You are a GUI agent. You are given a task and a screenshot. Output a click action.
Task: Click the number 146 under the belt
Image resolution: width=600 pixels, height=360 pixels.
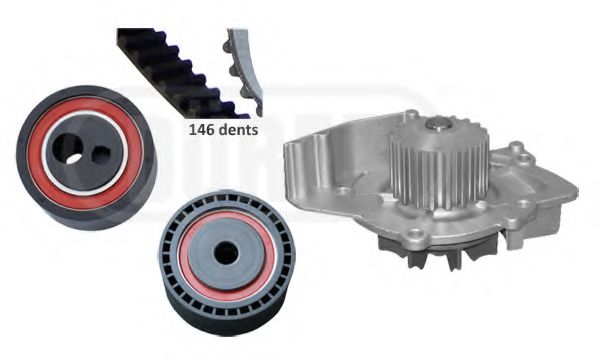click(202, 129)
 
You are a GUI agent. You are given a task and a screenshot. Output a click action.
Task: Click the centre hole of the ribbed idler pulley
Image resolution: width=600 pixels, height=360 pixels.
click(227, 254)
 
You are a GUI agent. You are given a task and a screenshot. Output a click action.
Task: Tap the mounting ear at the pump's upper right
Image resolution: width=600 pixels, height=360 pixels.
click(515, 150)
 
